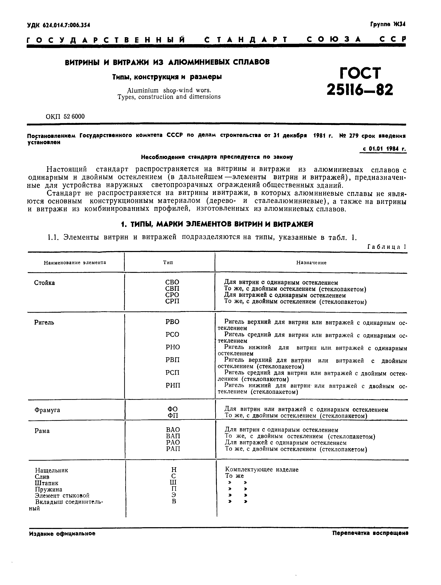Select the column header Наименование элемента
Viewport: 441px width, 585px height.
[75, 263]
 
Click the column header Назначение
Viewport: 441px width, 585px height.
[311, 263]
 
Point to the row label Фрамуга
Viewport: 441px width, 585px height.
[47, 410]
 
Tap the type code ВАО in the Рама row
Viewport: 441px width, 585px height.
[173, 430]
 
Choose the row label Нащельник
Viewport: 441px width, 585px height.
[52, 470]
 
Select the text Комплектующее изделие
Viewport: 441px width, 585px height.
[262, 470]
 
